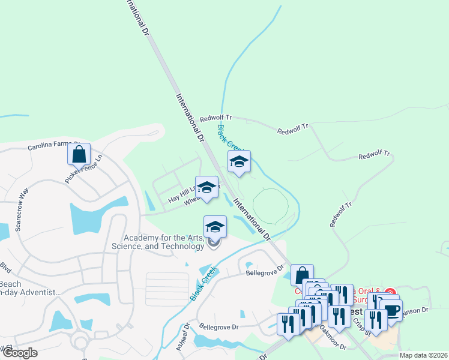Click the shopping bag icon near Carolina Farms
click(x=79, y=154)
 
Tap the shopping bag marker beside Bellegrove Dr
click(x=303, y=274)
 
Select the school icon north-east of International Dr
click(x=239, y=161)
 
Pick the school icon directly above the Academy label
click(x=215, y=227)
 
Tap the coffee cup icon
click(x=391, y=311)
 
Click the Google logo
click(x=20, y=353)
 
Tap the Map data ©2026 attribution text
click(x=423, y=355)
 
